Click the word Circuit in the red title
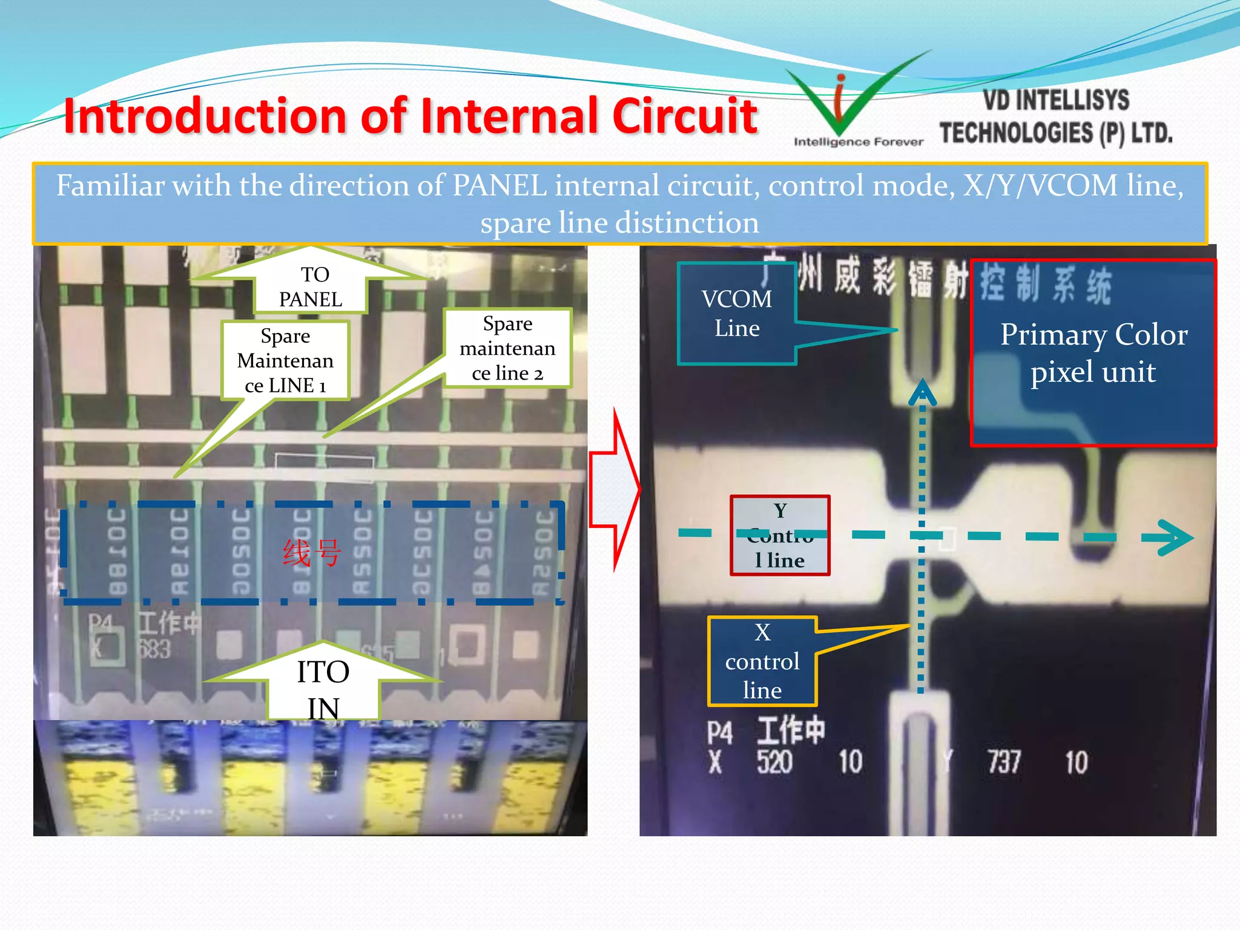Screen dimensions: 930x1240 (x=684, y=116)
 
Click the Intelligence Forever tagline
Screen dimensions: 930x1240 (x=858, y=142)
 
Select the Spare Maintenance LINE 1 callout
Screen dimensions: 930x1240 (x=285, y=361)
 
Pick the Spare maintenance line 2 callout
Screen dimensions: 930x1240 (x=507, y=349)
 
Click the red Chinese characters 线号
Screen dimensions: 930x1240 (x=312, y=552)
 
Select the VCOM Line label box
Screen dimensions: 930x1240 (x=736, y=314)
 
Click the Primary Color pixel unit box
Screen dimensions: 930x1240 (x=1093, y=353)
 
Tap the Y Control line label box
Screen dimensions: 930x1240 (x=780, y=535)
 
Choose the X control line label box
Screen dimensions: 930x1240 (x=762, y=661)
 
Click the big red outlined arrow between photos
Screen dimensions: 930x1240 (x=615, y=489)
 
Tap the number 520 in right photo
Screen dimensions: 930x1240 (x=774, y=762)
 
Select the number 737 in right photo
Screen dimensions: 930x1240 (x=1004, y=762)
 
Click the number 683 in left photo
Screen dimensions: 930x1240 (x=154, y=650)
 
